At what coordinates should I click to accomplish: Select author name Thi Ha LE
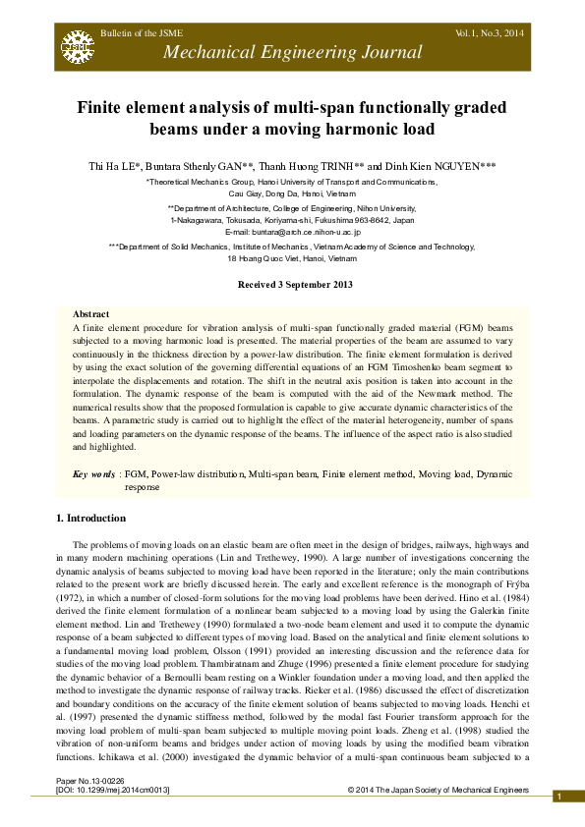coord(114,167)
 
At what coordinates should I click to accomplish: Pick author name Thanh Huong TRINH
coord(309,167)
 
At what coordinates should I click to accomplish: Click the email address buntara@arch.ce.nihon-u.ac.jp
coord(321,231)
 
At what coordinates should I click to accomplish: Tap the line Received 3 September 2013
coord(291,284)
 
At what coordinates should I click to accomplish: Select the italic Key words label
coord(93,474)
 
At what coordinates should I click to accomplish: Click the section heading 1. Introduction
coord(89,518)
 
